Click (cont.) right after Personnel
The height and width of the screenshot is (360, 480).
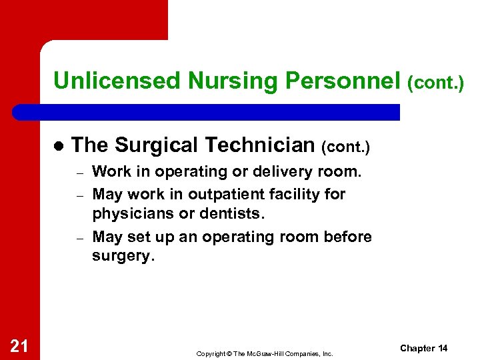[x=435, y=82]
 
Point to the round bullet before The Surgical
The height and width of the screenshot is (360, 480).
[x=58, y=145]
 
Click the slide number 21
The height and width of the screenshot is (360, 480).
[x=19, y=345]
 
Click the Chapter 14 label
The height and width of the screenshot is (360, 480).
[x=423, y=348]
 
